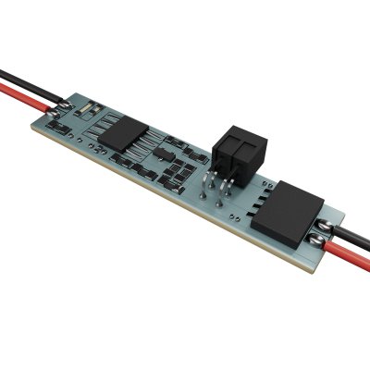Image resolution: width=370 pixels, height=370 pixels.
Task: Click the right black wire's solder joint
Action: [x=325, y=224]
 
